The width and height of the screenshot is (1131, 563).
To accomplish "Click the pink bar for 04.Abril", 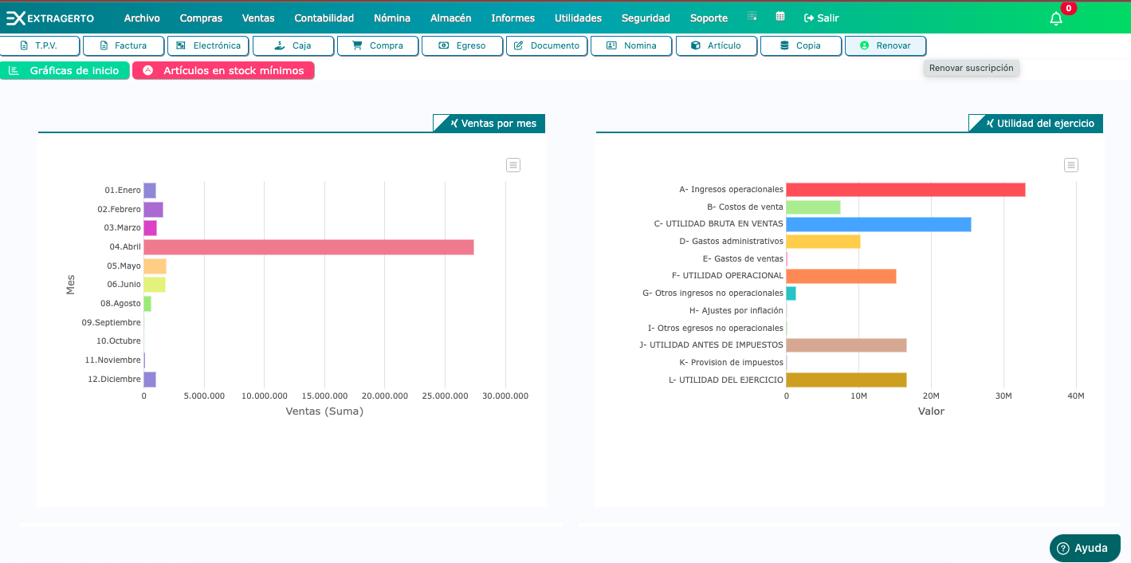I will coord(308,247).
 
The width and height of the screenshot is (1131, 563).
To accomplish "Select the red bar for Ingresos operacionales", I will coord(905,190).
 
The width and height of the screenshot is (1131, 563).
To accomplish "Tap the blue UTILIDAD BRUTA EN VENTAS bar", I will coord(878,224).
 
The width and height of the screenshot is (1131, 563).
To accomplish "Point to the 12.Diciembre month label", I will coord(114,380).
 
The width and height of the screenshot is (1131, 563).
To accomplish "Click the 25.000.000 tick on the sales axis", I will coord(445,396).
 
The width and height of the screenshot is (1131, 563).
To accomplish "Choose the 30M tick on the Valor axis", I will coord(1003,396).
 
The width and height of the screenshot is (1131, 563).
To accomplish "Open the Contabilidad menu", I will coord(324,18).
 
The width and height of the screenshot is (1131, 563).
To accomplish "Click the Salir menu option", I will coord(822,18).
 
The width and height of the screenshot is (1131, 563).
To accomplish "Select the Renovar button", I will coord(886,46).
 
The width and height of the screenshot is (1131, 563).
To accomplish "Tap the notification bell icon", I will coord(1056,19).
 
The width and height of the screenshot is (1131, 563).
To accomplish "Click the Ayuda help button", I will coord(1085,548).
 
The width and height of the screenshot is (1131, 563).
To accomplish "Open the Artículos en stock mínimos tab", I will coord(224,71).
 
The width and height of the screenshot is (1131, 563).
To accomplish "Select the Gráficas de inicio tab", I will coord(65,71).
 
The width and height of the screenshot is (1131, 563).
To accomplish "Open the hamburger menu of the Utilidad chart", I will coord(1071,165).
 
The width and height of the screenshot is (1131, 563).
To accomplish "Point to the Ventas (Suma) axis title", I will coord(324,411).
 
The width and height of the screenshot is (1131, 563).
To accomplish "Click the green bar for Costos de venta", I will coord(813,207).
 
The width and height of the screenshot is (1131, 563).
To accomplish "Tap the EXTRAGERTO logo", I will coord(50,18).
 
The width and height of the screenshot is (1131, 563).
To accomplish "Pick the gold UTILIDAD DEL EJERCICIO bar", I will coord(846,380).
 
